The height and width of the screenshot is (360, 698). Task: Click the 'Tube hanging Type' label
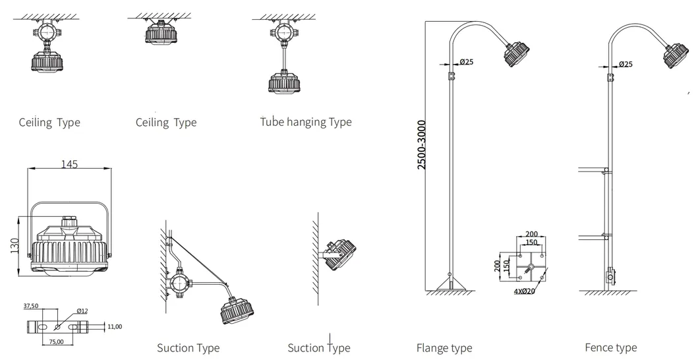(x=306, y=122)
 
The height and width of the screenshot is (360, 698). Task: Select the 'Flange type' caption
(x=444, y=347)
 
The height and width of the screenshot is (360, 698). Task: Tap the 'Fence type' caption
(x=610, y=347)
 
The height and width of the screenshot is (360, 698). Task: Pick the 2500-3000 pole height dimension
(x=421, y=144)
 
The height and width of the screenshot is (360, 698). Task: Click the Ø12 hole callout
(x=83, y=311)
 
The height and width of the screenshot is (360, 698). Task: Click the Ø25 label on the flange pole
(x=466, y=62)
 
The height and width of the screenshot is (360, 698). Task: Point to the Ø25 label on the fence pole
(x=625, y=64)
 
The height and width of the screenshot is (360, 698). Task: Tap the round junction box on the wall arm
(x=179, y=285)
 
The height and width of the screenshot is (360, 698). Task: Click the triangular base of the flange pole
(x=450, y=285)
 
